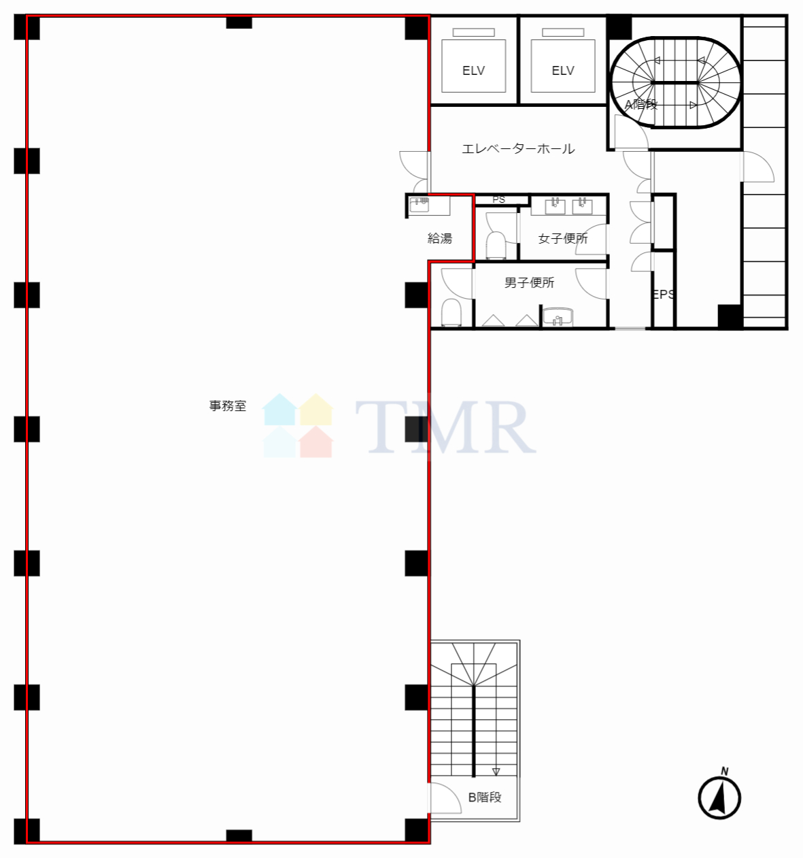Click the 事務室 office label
pyautogui.click(x=228, y=406)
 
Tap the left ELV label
pyautogui.click(x=474, y=70)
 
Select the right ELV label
pyautogui.click(x=563, y=70)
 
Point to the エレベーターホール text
pyautogui.click(x=518, y=148)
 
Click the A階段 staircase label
pyautogui.click(x=641, y=104)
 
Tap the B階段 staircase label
pyautogui.click(x=485, y=797)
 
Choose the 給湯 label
pyautogui.click(x=439, y=238)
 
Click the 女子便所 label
pyautogui.click(x=563, y=238)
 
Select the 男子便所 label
pyautogui.click(x=529, y=282)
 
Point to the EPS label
pyautogui.click(x=664, y=294)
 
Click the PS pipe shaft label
pyautogui.click(x=498, y=199)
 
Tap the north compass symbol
pyautogui.click(x=719, y=797)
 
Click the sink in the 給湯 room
pyautogui.click(x=419, y=204)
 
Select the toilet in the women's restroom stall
pyautogui.click(x=496, y=246)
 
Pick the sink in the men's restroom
pyautogui.click(x=558, y=316)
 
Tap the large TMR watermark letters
pyautogui.click(x=445, y=427)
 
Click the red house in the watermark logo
pyautogui.click(x=315, y=442)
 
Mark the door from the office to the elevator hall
pyautogui.click(x=415, y=171)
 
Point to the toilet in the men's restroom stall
pyautogui.click(x=451, y=312)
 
